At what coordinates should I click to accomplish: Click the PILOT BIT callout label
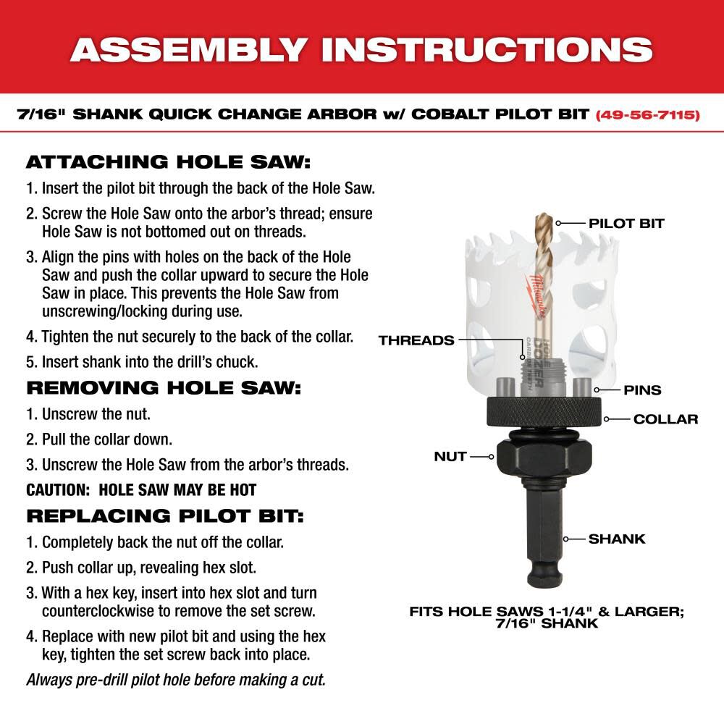(626, 223)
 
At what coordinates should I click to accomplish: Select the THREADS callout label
(416, 340)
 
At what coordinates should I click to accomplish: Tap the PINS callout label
(642, 390)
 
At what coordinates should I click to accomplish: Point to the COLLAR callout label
(665, 419)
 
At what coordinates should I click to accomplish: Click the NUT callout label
(450, 457)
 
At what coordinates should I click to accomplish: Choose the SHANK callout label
(616, 539)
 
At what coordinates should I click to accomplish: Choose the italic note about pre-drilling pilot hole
(176, 680)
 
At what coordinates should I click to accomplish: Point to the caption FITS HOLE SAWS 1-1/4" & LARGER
(547, 611)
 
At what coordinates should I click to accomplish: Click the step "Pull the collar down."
(99, 439)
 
